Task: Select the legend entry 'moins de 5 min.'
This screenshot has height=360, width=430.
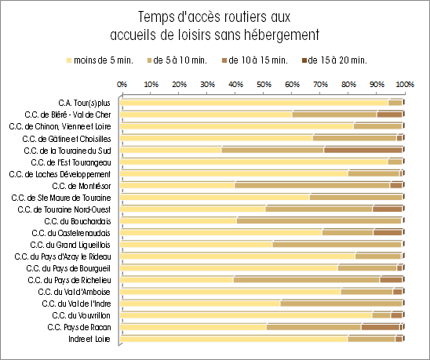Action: click(100, 60)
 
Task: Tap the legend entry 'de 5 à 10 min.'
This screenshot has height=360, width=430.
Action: click(177, 60)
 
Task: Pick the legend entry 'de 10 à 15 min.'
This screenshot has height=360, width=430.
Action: click(255, 60)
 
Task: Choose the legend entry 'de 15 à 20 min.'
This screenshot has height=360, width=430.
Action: click(334, 60)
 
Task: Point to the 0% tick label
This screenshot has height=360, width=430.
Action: click(122, 84)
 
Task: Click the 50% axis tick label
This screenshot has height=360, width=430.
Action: click(264, 84)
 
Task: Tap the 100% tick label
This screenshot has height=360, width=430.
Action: click(406, 84)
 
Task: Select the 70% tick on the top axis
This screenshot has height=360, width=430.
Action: click(320, 84)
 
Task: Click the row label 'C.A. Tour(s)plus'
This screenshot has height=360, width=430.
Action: click(84, 103)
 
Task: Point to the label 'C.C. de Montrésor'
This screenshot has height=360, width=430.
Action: click(82, 186)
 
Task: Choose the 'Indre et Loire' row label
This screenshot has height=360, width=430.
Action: click(89, 339)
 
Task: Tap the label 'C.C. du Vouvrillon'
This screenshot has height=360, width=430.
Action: click(81, 315)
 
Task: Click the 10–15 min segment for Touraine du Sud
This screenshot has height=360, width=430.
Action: click(363, 150)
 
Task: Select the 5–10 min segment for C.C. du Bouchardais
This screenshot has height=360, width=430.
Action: click(319, 220)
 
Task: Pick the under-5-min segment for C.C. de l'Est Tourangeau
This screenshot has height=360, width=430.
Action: click(254, 162)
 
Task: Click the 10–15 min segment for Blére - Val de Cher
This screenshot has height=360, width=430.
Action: click(389, 115)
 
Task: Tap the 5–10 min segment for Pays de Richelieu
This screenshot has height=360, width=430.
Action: click(307, 280)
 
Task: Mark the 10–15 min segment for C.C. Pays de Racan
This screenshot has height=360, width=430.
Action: click(381, 327)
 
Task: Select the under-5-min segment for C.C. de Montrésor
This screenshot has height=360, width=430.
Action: click(177, 185)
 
